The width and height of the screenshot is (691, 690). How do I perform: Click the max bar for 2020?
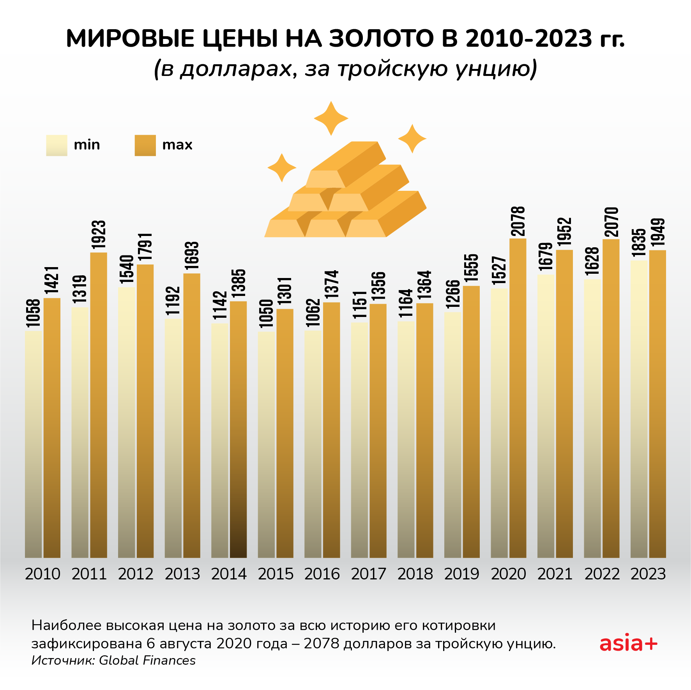coord(518,397)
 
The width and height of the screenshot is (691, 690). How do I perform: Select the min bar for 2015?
coord(266,444)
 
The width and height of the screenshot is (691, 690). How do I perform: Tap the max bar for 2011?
coord(99,405)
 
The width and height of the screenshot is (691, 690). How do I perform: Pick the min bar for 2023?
coord(639,409)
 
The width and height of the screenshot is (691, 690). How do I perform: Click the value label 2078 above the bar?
coord(518,221)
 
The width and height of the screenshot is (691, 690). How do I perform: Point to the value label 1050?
coord(267,313)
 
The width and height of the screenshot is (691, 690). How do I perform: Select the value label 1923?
coord(99,235)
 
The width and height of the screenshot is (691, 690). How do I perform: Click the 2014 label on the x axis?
coord(229,574)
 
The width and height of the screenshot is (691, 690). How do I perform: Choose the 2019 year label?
coord(462,574)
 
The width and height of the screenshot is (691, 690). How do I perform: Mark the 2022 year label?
coord(602,574)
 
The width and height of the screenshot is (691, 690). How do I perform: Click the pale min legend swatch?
coord(57,145)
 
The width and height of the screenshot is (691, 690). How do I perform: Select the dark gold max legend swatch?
coord(145,145)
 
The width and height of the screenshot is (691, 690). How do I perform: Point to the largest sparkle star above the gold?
coord(331,118)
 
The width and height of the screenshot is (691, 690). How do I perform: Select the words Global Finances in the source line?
coord(147,660)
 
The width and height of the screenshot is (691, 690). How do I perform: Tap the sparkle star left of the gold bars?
coord(282,168)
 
